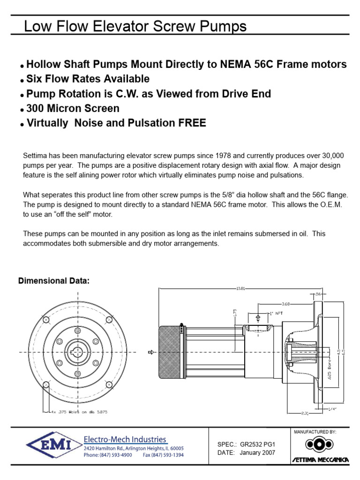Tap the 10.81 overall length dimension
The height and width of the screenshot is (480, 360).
click(240, 288)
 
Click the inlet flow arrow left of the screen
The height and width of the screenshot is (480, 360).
click(151, 352)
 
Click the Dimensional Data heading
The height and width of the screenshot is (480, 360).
click(53, 281)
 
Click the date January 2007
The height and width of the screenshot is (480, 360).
click(257, 452)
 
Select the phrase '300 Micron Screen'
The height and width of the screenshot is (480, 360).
click(73, 109)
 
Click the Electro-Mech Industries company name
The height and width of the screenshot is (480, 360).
click(125, 439)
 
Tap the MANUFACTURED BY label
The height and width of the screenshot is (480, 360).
click(314, 431)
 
